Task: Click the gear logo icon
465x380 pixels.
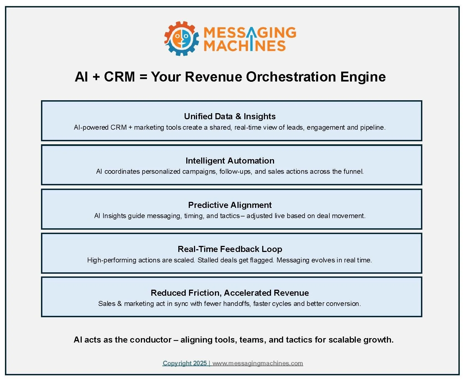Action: coord(181,38)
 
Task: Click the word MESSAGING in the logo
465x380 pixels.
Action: coord(250,33)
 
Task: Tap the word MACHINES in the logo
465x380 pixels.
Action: coord(244,46)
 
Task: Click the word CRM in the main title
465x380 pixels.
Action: coord(119,77)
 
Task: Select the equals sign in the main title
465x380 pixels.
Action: coord(143,77)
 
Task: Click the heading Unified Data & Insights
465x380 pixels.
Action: coord(230,116)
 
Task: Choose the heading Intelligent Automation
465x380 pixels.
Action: coord(230,161)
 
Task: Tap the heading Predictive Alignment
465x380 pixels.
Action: coord(230,205)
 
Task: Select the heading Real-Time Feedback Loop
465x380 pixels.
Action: coord(230,249)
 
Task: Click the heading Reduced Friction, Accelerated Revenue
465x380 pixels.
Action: coord(230,293)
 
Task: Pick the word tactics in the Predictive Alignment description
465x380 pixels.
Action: coord(230,216)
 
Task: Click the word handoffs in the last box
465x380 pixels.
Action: coord(237,304)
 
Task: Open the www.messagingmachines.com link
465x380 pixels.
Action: coord(258,363)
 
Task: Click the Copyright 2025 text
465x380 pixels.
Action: coord(185,363)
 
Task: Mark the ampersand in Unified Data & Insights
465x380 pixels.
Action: coord(238,116)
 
